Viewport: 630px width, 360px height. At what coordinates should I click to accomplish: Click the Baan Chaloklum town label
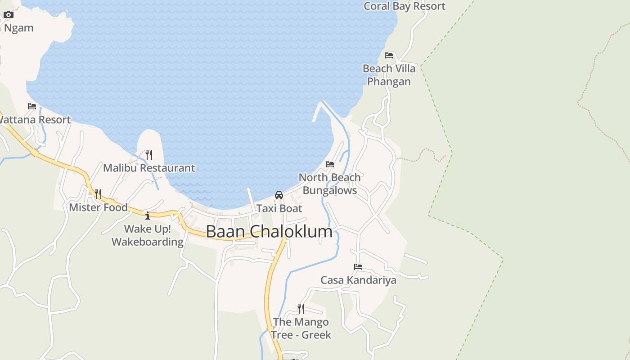(269, 231)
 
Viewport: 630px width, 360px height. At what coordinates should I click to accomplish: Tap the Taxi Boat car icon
(279, 195)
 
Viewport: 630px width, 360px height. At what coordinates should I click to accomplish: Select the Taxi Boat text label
(279, 208)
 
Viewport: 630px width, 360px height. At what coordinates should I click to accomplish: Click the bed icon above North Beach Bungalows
(330, 164)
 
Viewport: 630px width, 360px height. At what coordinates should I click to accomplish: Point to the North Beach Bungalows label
(330, 184)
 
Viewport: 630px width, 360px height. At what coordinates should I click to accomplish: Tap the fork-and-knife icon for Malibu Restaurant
(149, 155)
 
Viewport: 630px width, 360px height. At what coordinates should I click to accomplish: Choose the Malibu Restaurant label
(149, 168)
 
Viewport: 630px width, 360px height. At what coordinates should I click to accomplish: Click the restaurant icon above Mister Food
(98, 194)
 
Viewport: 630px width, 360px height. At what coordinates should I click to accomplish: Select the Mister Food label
(98, 207)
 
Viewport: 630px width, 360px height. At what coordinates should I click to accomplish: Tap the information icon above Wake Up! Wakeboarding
(148, 216)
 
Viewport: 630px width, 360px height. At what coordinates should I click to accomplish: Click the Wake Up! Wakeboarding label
(148, 235)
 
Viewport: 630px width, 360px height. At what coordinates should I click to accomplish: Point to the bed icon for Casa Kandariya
(358, 267)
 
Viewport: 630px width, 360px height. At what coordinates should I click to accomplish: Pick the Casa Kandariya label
(358, 280)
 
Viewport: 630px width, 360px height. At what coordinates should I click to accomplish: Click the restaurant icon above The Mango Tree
(301, 308)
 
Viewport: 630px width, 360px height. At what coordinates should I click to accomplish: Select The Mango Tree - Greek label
(301, 328)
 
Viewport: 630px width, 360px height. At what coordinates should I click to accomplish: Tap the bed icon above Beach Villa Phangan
(389, 55)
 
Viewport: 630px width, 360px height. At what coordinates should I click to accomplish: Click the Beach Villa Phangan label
(389, 75)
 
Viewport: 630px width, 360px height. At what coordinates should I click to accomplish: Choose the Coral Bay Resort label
(404, 6)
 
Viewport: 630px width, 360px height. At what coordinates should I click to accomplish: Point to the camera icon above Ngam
(9, 14)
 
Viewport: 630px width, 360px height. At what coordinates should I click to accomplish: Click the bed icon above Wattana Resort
(32, 106)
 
